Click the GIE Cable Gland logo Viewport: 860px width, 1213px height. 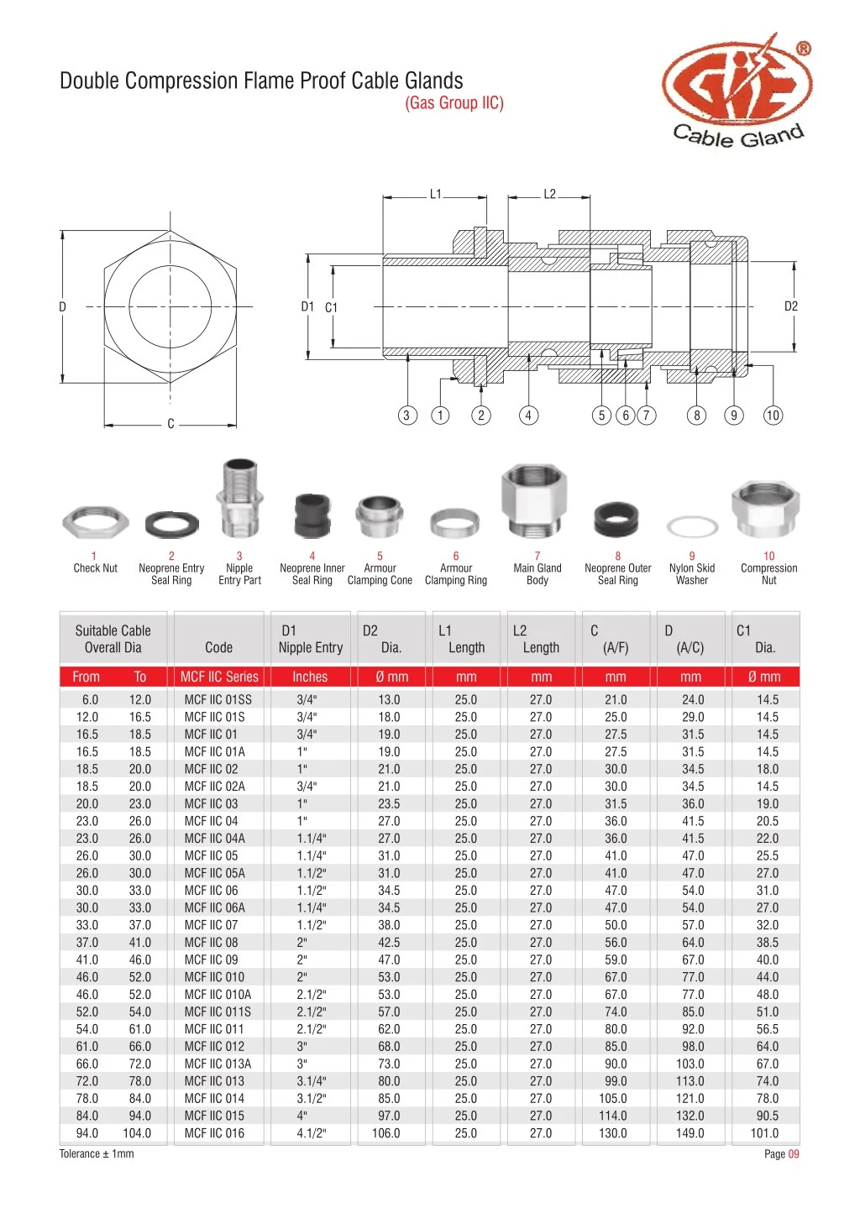(x=737, y=94)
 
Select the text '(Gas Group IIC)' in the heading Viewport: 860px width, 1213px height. (x=454, y=103)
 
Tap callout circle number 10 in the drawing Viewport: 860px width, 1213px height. (x=772, y=415)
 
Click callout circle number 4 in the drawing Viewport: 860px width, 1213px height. (x=528, y=415)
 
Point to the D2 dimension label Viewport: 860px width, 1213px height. (x=790, y=306)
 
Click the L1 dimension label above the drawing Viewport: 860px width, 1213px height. (x=435, y=194)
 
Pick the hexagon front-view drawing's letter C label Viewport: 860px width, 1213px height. (x=170, y=424)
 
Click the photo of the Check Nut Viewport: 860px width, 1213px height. (x=95, y=522)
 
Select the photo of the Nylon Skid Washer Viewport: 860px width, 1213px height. (x=692, y=527)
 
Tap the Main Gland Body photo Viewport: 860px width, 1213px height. (x=537, y=502)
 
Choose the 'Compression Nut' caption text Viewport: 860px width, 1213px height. (x=768, y=574)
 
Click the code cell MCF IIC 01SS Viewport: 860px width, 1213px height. (x=218, y=699)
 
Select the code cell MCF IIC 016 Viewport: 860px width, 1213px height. (x=214, y=1133)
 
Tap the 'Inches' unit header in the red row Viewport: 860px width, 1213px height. (x=310, y=677)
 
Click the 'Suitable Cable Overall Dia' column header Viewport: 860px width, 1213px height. (x=113, y=639)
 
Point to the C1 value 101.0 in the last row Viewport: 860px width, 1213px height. (x=764, y=1133)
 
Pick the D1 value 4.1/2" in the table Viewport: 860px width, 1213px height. (x=311, y=1133)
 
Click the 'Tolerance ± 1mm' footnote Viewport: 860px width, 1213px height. (x=97, y=1154)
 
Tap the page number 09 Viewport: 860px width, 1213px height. (x=793, y=1154)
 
